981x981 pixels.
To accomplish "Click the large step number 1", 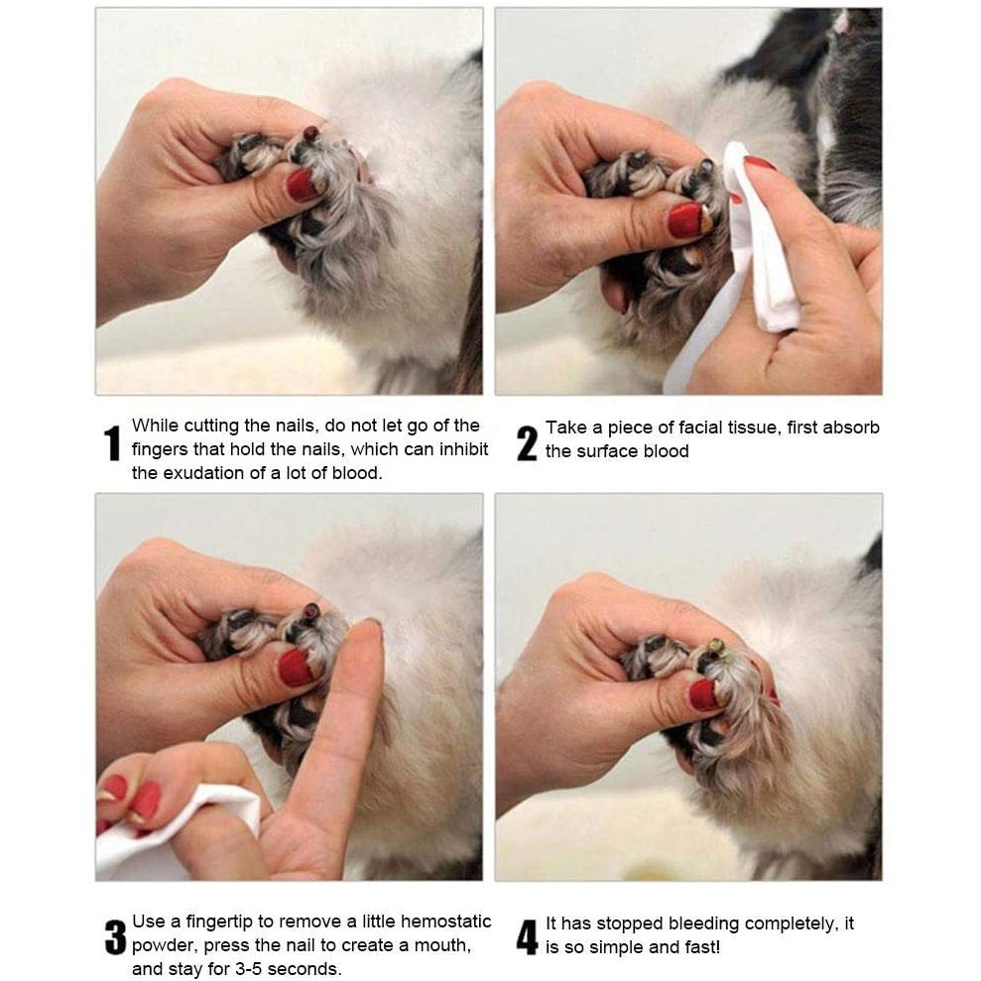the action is [x=112, y=443].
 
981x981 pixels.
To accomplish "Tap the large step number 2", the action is [x=527, y=443].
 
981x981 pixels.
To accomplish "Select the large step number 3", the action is [x=115, y=936].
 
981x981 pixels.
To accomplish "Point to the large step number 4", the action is [x=527, y=936].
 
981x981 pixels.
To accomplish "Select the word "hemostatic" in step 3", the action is [x=445, y=920].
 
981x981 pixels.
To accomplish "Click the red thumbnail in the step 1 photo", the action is [x=304, y=184].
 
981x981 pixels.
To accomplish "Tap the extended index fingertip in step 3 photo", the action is [x=369, y=629].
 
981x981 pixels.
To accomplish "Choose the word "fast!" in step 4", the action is [x=702, y=947].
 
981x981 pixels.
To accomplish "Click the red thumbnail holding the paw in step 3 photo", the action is [x=296, y=668].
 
